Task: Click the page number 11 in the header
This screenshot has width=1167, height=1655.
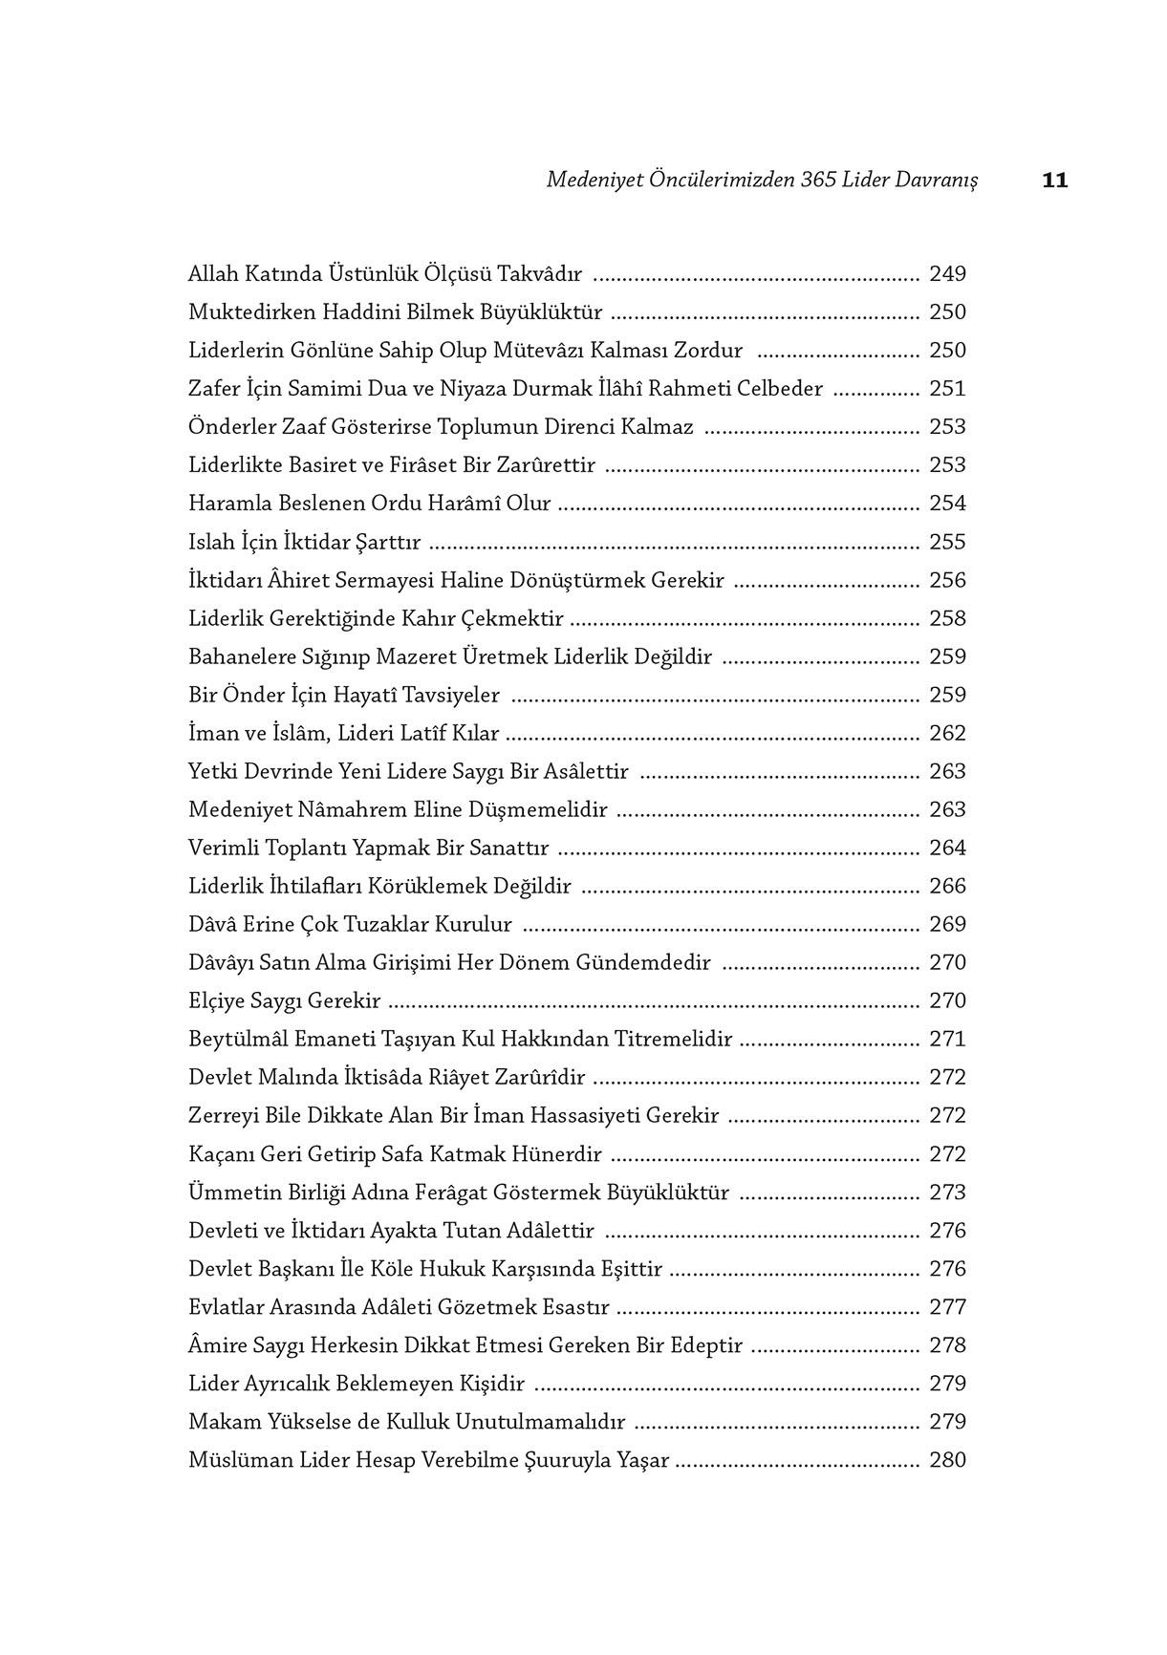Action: point(1054,180)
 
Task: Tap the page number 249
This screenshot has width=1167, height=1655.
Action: point(947,274)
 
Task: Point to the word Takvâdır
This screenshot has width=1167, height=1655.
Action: point(542,274)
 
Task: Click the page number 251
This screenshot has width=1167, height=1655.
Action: point(947,389)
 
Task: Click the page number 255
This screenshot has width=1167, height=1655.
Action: point(947,542)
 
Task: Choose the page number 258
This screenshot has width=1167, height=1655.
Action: point(947,618)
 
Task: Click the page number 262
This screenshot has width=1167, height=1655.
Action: point(947,733)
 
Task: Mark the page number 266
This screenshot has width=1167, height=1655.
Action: point(947,886)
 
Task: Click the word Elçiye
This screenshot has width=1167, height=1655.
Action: point(216,1001)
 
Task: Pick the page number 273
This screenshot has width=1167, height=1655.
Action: point(947,1192)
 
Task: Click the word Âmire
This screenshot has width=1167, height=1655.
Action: point(216,1344)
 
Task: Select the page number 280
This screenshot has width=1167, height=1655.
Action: point(947,1460)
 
